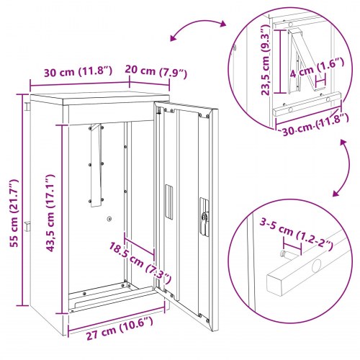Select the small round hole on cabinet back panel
109,220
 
